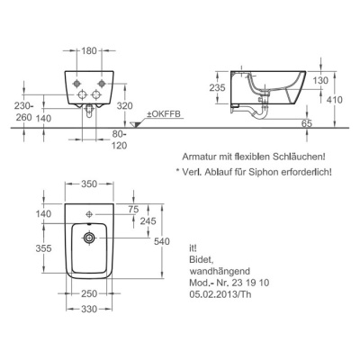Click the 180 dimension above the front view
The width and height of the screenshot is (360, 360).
pyautogui.click(x=89, y=51)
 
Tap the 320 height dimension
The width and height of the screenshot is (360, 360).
pyautogui.click(x=125, y=105)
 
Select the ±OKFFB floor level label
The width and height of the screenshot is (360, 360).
pyautogui.click(x=163, y=114)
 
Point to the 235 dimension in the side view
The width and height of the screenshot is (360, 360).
pyautogui.click(x=217, y=87)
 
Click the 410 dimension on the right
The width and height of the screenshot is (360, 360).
pyautogui.click(x=335, y=99)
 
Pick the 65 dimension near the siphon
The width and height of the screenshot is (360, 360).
pyautogui.click(x=307, y=123)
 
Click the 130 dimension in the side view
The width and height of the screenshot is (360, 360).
pyautogui.click(x=320, y=80)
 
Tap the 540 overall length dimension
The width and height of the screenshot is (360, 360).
pyautogui.click(x=162, y=241)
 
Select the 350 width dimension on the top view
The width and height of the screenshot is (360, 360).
pyautogui.click(x=89, y=184)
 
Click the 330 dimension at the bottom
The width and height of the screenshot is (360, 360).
pyautogui.click(x=89, y=309)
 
